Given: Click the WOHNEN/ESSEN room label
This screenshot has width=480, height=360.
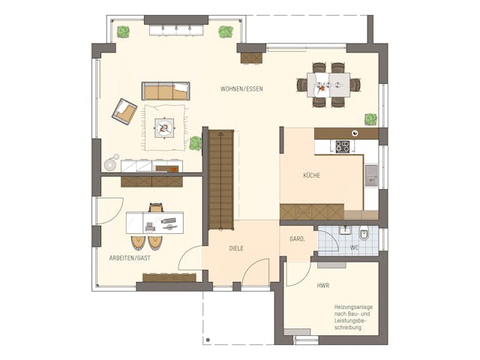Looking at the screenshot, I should coord(241,89).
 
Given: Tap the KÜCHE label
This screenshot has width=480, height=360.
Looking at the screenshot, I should coord(312,175).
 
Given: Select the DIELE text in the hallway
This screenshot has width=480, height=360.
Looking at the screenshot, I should coord(236,248).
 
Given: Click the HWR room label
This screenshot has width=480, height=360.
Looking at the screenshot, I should coord(323,286).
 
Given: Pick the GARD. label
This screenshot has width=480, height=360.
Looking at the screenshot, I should coord(297,239).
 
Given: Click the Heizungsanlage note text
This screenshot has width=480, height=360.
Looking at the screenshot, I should coord(352,317).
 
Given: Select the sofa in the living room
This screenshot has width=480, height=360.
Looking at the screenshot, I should coord(166,91).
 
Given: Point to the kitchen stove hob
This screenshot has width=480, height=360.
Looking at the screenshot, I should coord(342,146).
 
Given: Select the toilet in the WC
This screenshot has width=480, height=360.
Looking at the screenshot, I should coord(364,232).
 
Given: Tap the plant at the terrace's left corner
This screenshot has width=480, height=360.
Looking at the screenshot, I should coord(123,31).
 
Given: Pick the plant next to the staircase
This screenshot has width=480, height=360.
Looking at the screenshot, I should coord(196,142).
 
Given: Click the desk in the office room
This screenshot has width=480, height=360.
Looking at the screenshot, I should coord(154,222).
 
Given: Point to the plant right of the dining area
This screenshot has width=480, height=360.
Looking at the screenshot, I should coord(370,118).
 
